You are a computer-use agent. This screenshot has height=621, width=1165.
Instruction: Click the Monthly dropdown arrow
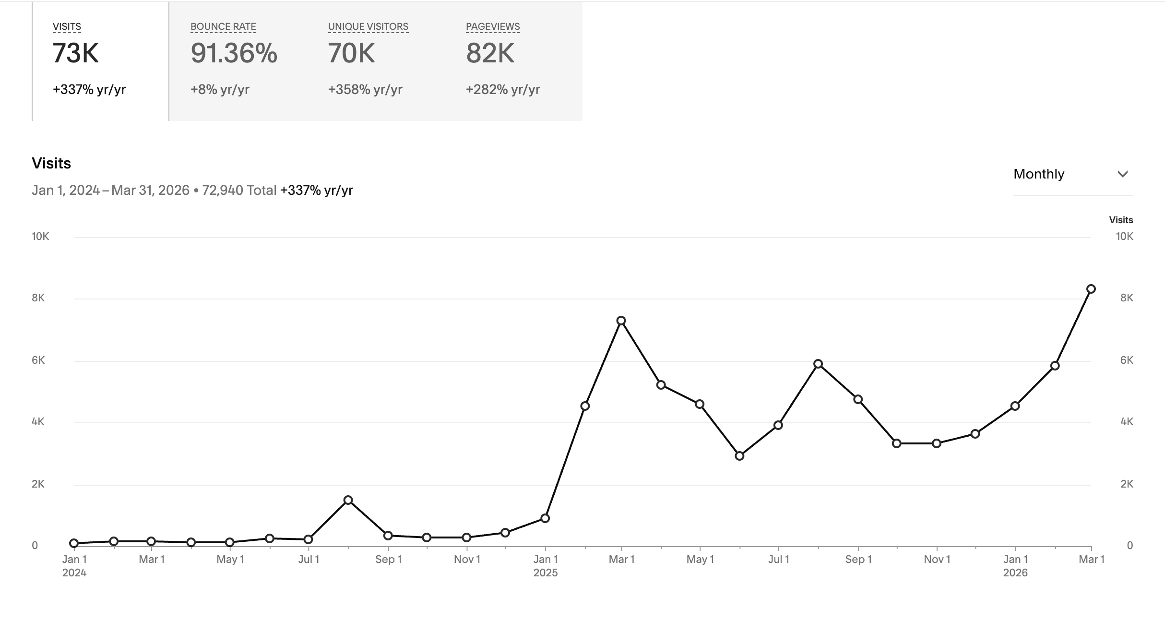click(x=1122, y=174)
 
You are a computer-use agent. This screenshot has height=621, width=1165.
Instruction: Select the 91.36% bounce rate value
click(x=234, y=53)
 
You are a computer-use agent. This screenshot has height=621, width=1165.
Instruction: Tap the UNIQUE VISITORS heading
click(x=368, y=27)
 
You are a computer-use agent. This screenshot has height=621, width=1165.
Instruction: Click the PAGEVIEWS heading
click(x=493, y=27)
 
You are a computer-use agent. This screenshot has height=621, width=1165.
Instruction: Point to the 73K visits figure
click(x=75, y=53)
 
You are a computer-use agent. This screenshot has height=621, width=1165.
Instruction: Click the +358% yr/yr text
click(x=365, y=90)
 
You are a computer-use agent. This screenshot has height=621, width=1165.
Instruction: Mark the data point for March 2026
click(x=1091, y=289)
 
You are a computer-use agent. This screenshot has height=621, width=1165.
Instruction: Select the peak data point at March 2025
click(x=621, y=321)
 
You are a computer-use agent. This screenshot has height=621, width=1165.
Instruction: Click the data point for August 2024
click(x=348, y=500)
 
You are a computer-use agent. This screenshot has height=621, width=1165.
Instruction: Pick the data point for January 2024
click(x=74, y=543)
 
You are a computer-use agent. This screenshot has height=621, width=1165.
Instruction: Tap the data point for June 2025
click(x=739, y=456)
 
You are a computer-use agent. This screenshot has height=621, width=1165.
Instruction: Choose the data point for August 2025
click(x=818, y=364)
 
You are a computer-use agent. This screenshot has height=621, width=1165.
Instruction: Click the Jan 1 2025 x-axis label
click(x=546, y=565)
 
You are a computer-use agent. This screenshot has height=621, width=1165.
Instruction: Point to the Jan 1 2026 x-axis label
click(x=1015, y=565)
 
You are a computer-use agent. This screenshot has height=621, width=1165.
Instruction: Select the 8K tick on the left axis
click(x=38, y=298)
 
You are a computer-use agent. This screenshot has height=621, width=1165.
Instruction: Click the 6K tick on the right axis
click(x=1127, y=360)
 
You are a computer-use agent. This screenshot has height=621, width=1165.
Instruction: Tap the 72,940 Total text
click(x=239, y=191)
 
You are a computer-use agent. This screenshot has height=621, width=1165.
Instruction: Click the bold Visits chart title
click(x=51, y=164)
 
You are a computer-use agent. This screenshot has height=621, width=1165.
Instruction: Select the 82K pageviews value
click(x=490, y=53)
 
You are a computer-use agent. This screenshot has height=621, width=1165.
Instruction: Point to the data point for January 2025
click(x=545, y=518)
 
